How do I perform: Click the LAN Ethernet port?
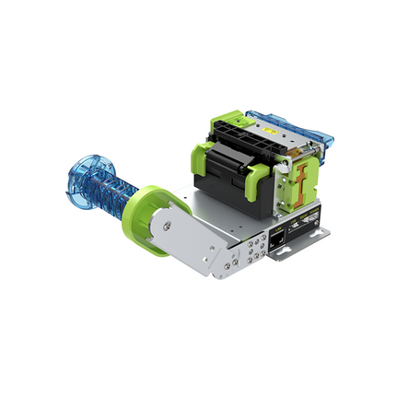pos(278,239)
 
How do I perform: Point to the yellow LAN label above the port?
pos(278,227)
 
